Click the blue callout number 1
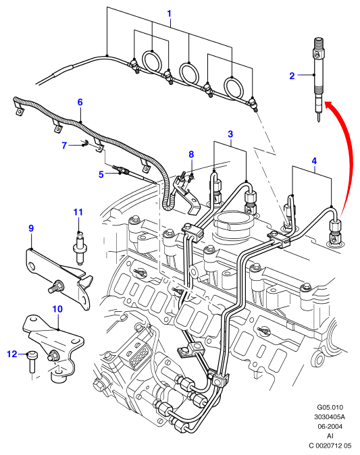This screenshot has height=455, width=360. click(x=169, y=14)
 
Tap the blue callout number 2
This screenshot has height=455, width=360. click(x=292, y=76)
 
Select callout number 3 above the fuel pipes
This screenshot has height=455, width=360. click(x=230, y=134)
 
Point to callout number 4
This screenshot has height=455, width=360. click(x=314, y=161)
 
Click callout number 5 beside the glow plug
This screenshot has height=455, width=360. click(x=101, y=174)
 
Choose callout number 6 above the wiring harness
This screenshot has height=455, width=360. click(x=80, y=102)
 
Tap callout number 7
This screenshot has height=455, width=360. click(x=64, y=145)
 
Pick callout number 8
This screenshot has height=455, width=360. click(x=191, y=155)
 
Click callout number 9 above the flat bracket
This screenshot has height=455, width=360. click(x=31, y=228)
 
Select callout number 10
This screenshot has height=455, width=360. click(x=57, y=309)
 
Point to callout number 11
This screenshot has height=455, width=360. click(x=78, y=212)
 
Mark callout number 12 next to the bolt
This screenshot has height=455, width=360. click(x=12, y=354)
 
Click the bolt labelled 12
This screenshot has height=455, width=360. click(x=31, y=361)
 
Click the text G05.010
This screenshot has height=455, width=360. click(x=330, y=408)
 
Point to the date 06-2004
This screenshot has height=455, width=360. click(x=330, y=426)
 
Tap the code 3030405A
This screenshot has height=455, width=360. click(x=330, y=417)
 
